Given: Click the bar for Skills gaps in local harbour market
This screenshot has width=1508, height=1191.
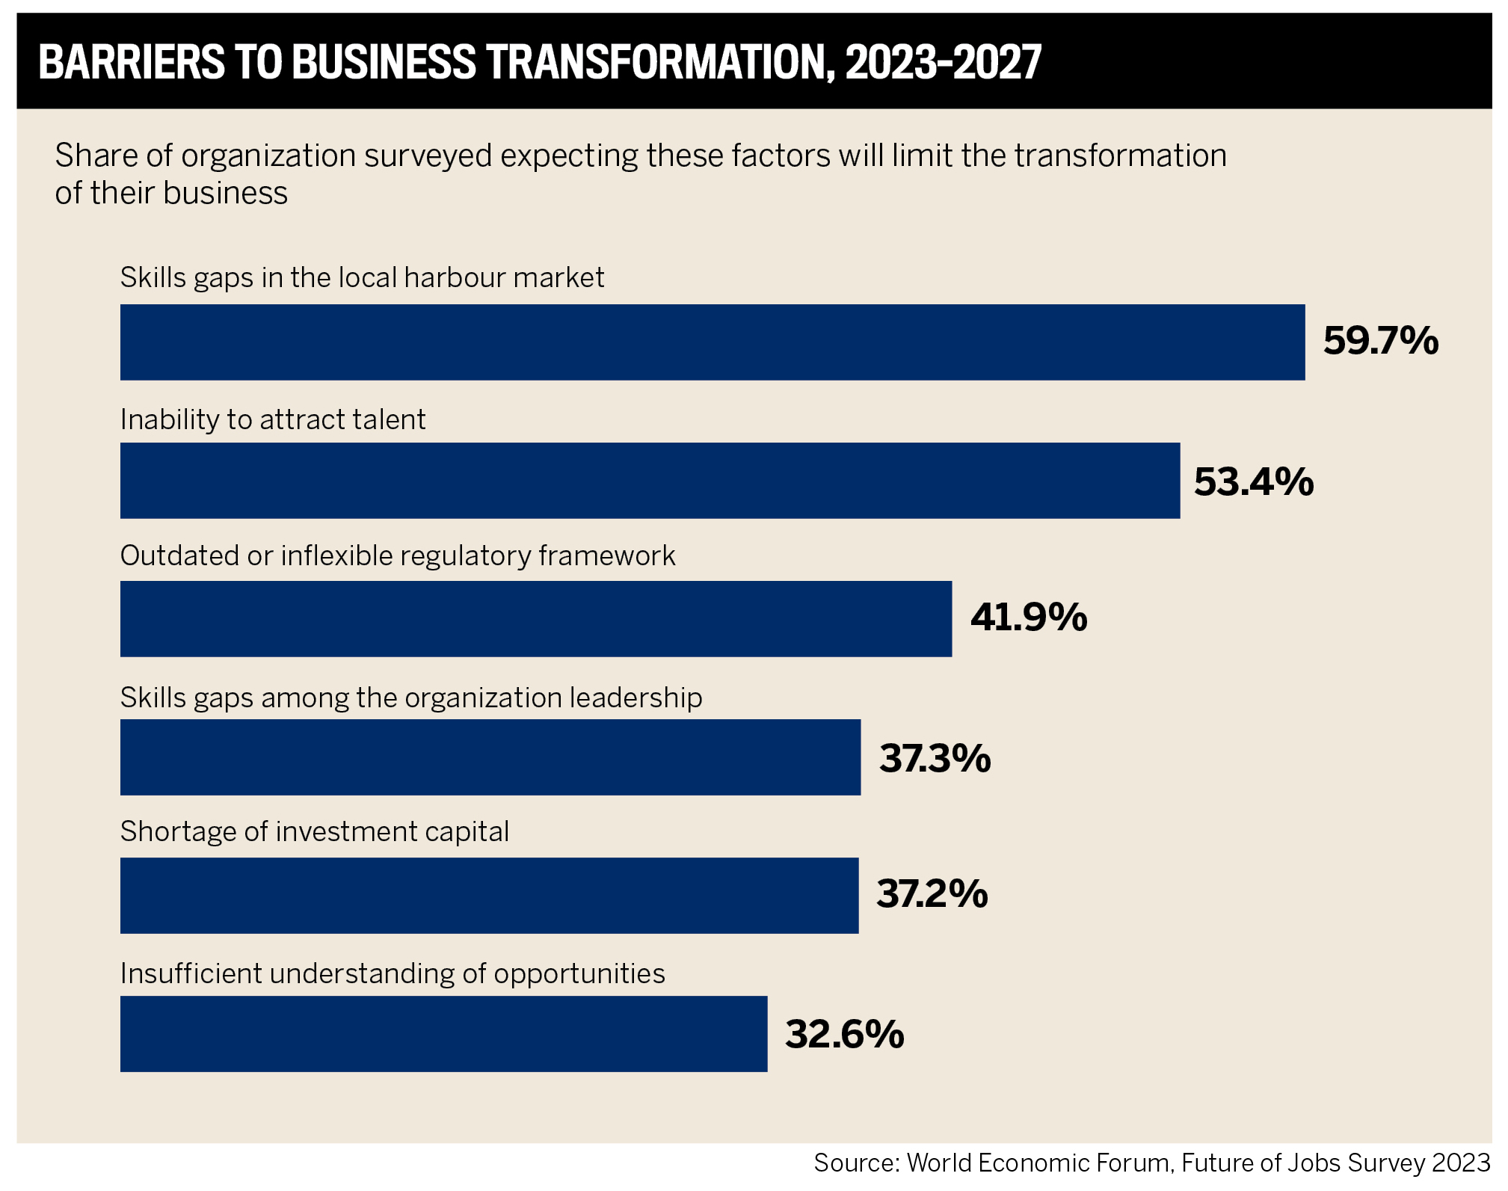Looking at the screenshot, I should (712, 342).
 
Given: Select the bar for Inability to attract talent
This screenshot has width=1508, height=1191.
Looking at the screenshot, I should (650, 480).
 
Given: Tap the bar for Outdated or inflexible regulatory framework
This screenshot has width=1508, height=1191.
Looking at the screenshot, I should (535, 618).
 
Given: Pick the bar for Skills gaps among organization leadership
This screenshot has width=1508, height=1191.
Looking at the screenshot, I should (490, 757).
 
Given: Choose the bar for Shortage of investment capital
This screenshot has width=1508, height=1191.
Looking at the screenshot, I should (489, 895).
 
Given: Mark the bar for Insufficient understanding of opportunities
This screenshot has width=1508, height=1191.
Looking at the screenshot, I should (443, 1033).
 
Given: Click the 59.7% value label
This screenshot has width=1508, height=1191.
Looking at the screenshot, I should (1380, 341).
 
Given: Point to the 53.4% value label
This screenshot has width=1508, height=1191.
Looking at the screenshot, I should (1253, 481).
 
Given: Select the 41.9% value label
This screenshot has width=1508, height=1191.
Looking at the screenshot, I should (1028, 618).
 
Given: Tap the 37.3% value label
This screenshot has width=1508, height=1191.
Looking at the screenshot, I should (935, 758).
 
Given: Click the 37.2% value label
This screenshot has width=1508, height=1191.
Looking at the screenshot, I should (932, 894).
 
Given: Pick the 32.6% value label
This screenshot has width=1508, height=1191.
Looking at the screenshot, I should (844, 1034).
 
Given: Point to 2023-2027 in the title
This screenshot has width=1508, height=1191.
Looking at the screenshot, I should (943, 62).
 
